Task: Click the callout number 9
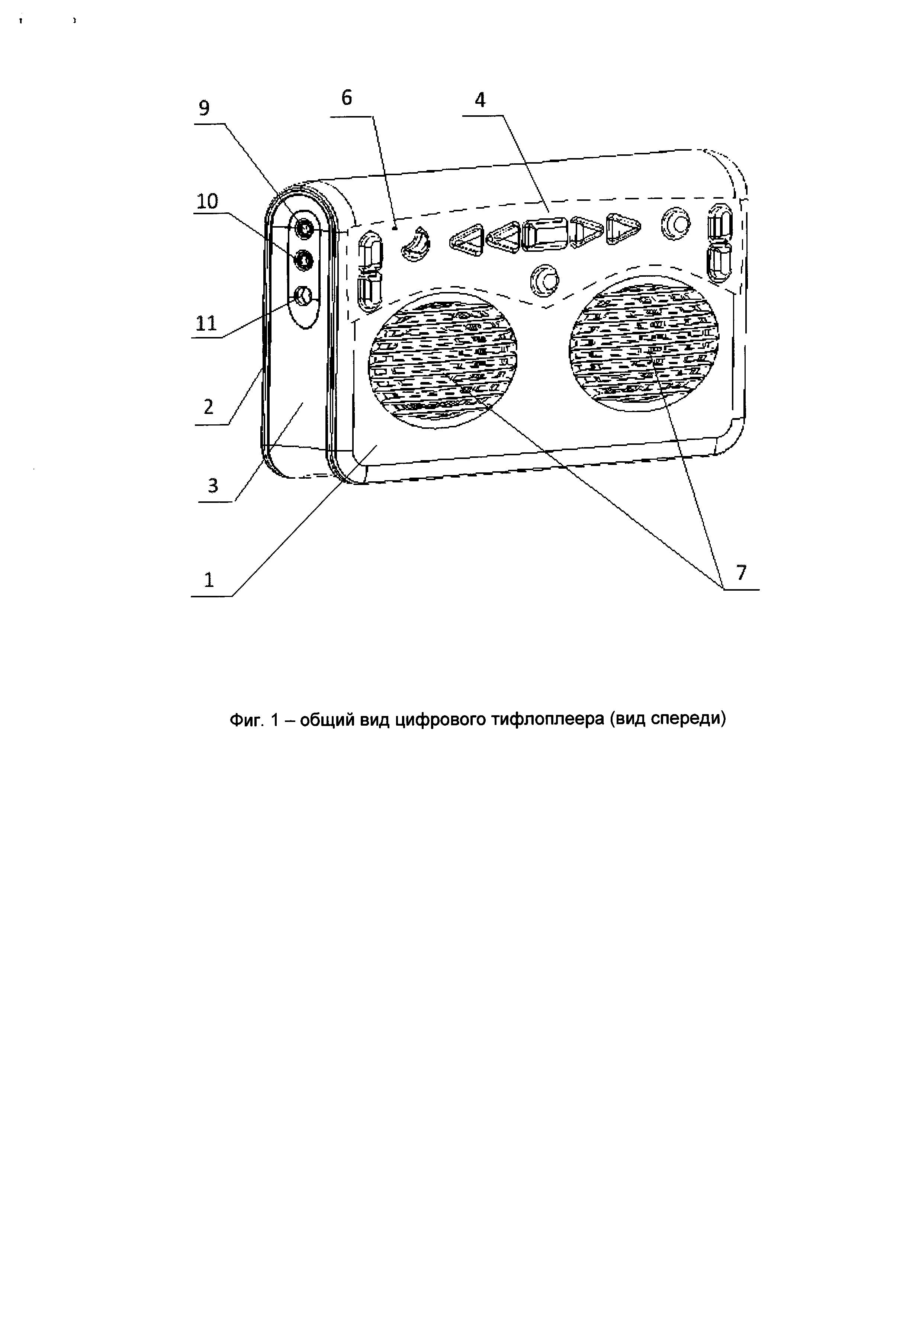point(204,108)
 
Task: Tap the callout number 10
point(207,202)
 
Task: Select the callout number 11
point(207,323)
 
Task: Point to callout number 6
point(347,98)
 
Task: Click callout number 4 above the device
point(481,100)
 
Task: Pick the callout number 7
point(742,572)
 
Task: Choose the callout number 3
point(213,486)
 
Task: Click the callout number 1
point(209,580)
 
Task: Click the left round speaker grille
point(443,357)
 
